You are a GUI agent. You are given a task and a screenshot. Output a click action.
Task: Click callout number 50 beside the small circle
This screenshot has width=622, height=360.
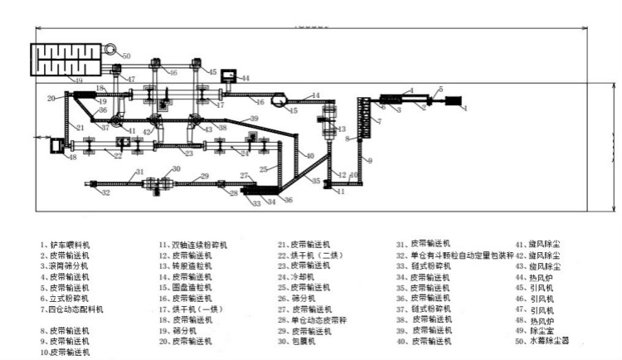pyautogui.click(x=126, y=56)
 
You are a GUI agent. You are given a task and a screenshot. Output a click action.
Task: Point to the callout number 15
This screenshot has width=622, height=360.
pyautogui.click(x=294, y=109)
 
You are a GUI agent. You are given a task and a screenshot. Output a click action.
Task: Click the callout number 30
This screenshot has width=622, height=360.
pyautogui.click(x=175, y=168)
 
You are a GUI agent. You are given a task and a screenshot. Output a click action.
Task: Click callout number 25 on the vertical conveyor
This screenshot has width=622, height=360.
pyautogui.click(x=263, y=168)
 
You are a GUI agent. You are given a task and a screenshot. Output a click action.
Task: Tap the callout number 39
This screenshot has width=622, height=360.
pyautogui.click(x=254, y=119)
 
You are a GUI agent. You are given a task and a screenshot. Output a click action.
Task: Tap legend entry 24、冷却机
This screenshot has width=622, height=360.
pyautogui.click(x=299, y=277)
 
